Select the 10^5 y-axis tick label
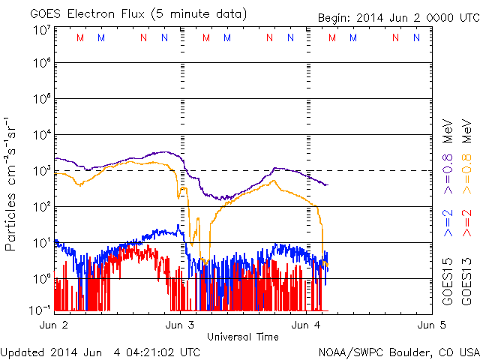coord(42,100)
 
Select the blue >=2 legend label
coord(448,223)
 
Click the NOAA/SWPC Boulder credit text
coord(398,352)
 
